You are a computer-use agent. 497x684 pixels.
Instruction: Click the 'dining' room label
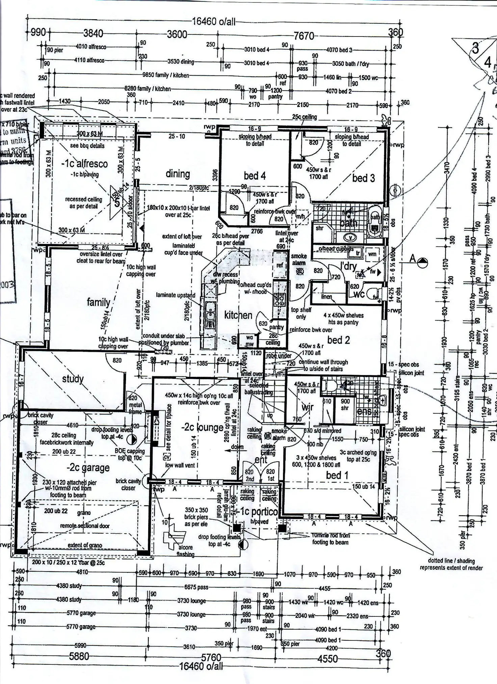(x=178, y=174)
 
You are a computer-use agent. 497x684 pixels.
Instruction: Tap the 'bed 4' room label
(x=255, y=175)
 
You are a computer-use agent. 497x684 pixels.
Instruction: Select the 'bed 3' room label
(x=363, y=178)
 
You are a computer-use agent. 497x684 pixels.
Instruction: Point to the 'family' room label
(x=98, y=302)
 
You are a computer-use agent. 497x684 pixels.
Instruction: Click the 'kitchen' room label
(x=238, y=315)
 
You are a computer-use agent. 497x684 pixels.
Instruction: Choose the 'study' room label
(x=73, y=379)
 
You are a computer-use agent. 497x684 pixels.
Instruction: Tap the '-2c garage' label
(x=88, y=468)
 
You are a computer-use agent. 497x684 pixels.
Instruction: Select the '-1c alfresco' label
(x=84, y=164)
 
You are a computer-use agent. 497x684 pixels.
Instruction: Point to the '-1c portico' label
(x=257, y=512)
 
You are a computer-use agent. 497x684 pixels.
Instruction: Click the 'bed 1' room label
(x=337, y=475)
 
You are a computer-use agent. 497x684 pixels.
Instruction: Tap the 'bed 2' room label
(x=338, y=340)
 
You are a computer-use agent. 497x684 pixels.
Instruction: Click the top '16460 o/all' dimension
(x=214, y=22)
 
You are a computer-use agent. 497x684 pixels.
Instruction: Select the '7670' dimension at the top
(x=304, y=36)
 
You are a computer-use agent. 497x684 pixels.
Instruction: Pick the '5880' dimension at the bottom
(x=79, y=656)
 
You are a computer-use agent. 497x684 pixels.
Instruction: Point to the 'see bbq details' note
(x=87, y=146)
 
